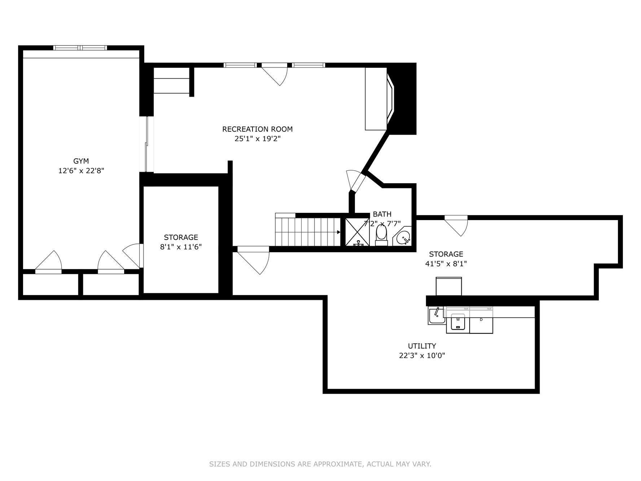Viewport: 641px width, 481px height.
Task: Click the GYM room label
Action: tap(81, 161)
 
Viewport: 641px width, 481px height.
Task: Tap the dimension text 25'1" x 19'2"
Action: tap(257, 139)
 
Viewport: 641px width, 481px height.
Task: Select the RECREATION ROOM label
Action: tap(257, 129)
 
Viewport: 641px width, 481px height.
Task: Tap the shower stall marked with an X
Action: tap(357, 232)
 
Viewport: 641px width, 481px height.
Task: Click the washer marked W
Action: tap(458, 323)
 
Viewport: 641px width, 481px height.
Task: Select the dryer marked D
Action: tap(481, 323)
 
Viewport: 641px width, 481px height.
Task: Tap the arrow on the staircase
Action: tap(338, 232)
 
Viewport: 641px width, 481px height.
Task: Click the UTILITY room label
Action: tap(422, 346)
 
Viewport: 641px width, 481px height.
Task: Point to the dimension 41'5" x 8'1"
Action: tap(446, 264)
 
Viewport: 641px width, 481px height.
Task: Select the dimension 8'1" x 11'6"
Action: tap(181, 247)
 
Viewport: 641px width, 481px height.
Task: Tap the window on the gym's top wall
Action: tap(80, 48)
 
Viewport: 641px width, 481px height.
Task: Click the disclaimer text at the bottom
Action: tap(320, 464)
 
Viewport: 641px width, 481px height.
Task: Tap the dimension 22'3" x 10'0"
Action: tap(422, 355)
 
